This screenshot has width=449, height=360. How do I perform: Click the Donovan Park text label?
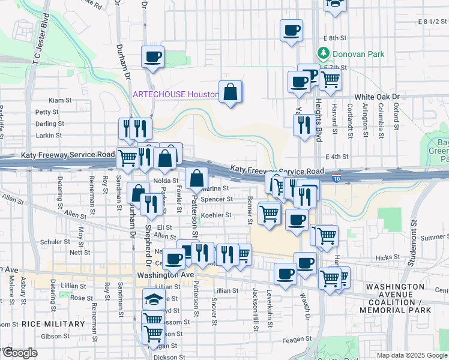[359, 54]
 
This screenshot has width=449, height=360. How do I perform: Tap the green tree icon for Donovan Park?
[324, 53]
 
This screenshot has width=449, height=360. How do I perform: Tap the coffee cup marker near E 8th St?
[292, 30]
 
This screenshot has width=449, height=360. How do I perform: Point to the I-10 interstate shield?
[337, 178]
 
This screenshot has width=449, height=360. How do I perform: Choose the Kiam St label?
[60, 100]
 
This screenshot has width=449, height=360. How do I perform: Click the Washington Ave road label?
[166, 275]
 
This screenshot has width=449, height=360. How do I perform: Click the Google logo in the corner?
[19, 353]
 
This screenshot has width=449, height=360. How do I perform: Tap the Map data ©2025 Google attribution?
[411, 355]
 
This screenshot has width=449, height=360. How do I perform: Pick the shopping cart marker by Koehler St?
[270, 212]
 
